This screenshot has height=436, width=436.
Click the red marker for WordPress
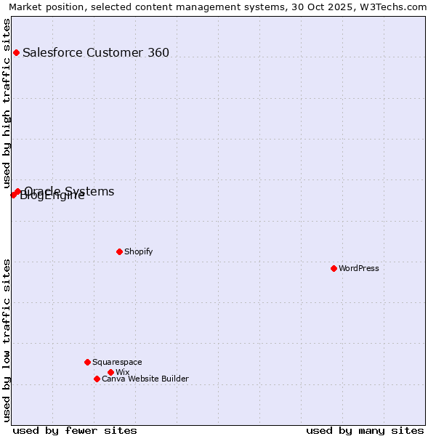click(334, 268)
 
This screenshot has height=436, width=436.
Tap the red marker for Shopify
click(119, 251)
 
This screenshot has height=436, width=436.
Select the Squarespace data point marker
click(87, 362)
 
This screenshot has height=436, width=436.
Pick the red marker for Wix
click(110, 372)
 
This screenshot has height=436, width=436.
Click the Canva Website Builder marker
click(97, 379)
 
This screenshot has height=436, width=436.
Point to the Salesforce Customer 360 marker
click(16, 52)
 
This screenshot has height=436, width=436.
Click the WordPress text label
click(359, 268)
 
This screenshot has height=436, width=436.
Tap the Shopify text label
click(138, 251)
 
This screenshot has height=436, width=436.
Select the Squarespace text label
click(117, 362)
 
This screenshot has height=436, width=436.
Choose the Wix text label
click(122, 372)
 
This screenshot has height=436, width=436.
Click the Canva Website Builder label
click(145, 379)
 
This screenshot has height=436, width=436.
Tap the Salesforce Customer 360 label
click(96, 52)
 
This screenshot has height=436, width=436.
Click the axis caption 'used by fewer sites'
click(75, 430)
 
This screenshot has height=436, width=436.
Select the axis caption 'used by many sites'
click(365, 430)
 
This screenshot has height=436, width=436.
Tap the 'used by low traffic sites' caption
click(7, 340)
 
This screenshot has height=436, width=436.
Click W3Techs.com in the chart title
click(392, 7)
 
